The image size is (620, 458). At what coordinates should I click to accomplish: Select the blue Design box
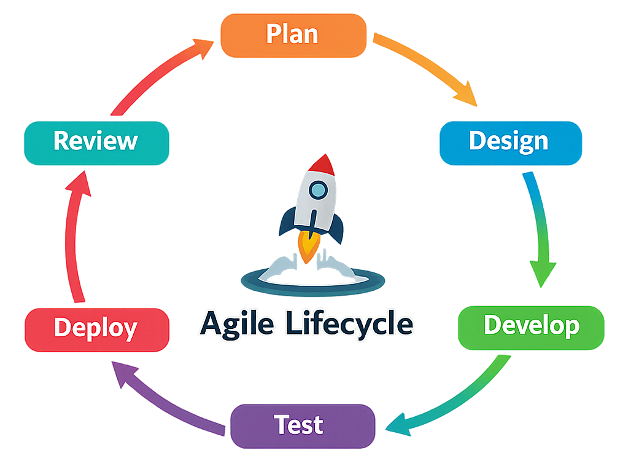point(510,142)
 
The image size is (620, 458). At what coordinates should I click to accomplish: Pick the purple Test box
point(302,425)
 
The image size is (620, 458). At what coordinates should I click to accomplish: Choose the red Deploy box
point(96,329)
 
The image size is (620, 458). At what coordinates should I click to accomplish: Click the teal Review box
point(96,142)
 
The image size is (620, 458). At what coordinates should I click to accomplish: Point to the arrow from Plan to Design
point(430,68)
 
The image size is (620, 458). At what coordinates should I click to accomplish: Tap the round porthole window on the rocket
point(318,191)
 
